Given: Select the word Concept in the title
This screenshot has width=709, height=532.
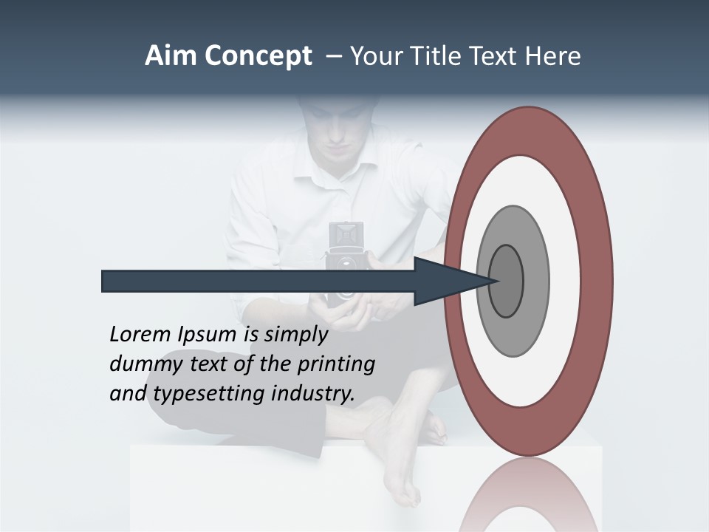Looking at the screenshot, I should click(x=258, y=56).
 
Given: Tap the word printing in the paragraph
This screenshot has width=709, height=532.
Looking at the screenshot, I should click(x=336, y=364).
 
